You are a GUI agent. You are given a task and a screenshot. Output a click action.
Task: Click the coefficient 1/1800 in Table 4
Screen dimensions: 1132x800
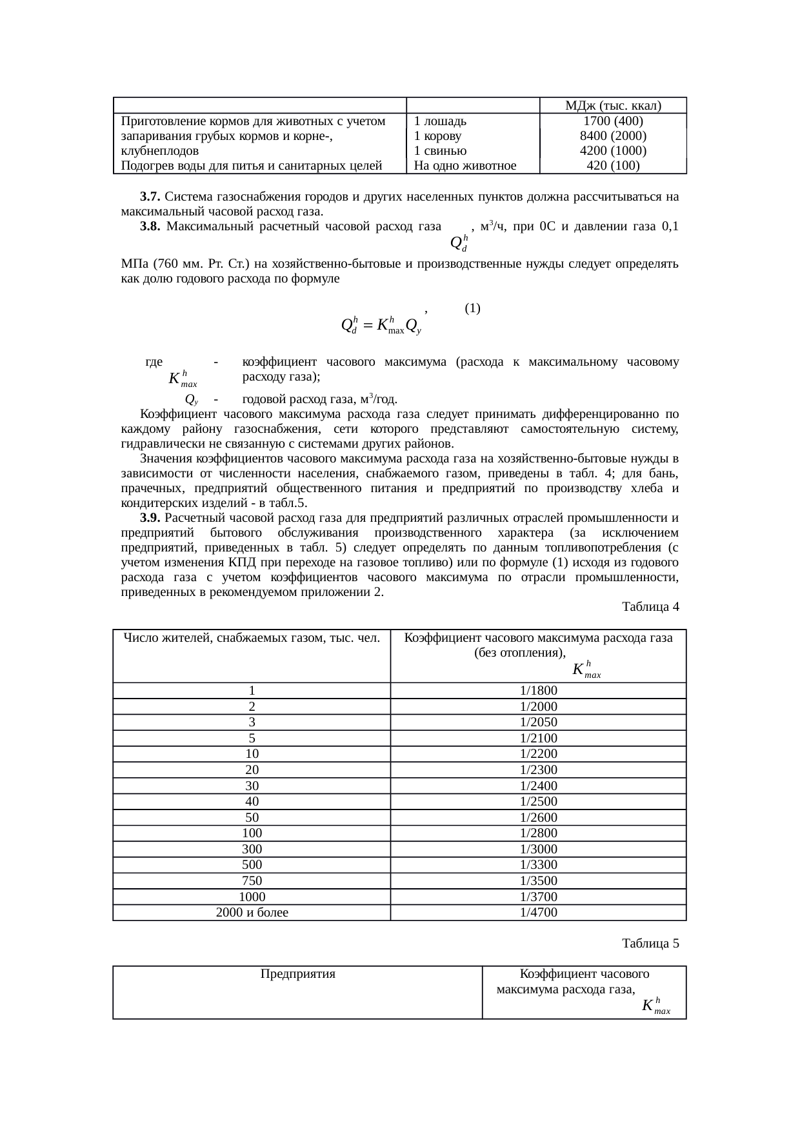coord(538,691)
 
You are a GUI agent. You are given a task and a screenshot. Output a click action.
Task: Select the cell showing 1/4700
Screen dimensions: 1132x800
coord(538,913)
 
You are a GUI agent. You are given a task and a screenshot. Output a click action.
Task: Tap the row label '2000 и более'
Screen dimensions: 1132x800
coord(252,913)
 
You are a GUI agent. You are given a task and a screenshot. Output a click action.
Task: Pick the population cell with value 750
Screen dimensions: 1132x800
coord(252,881)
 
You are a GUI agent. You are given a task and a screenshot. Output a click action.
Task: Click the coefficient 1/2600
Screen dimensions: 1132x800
coord(538,818)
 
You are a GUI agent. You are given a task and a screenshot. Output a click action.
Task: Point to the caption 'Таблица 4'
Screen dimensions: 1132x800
coord(650,607)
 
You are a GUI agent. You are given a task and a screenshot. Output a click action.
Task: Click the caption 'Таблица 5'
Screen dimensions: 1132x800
coord(650,944)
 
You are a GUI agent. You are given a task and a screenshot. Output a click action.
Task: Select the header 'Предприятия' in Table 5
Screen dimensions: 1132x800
coord(297,974)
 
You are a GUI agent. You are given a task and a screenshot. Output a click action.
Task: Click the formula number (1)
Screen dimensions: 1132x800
coord(472,308)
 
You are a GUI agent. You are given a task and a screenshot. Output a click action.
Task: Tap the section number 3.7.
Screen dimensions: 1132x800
coord(150,196)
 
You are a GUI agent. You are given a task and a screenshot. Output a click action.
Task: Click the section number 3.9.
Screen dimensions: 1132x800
coord(150,518)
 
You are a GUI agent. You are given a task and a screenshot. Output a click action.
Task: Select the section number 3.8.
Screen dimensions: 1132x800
coord(150,226)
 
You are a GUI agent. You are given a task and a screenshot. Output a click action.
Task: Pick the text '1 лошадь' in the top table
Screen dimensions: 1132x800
coord(441,121)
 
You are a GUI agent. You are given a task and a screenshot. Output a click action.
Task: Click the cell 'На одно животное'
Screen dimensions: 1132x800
coord(465,166)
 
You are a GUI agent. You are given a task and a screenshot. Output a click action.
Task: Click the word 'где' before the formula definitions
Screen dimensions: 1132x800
coord(154,362)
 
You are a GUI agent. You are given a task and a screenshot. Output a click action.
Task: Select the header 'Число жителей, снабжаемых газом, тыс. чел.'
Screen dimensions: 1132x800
coord(252,639)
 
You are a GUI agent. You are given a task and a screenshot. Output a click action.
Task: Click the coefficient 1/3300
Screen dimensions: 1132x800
coord(538,865)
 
